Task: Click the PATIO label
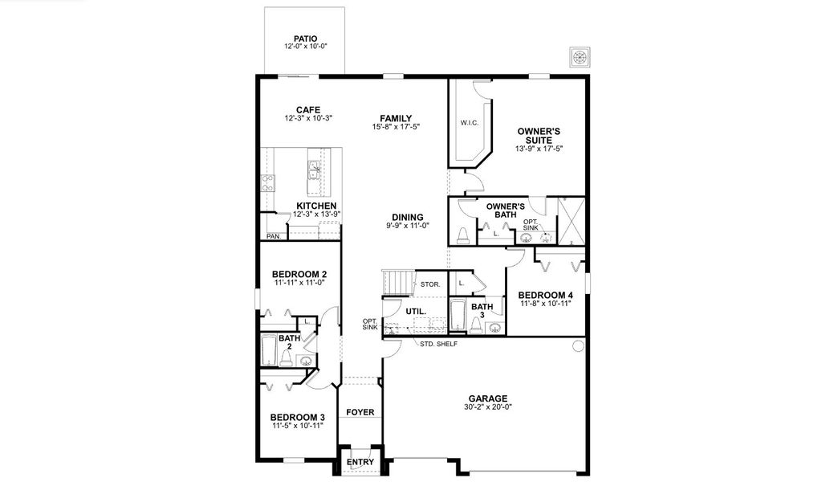tap(305, 38)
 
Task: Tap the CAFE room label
tap(308, 109)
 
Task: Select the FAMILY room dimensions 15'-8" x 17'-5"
tap(397, 127)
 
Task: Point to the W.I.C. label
tap(469, 123)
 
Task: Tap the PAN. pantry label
tap(274, 236)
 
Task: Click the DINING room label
tap(408, 217)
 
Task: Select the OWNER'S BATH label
tap(506, 210)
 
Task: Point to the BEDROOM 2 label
tap(299, 274)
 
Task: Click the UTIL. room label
tap(415, 310)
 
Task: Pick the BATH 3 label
tap(482, 311)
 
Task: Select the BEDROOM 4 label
tap(545, 295)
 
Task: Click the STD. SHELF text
tap(438, 344)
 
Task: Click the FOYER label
tap(360, 412)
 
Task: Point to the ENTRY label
tap(359, 463)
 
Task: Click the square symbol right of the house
tap(580, 56)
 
